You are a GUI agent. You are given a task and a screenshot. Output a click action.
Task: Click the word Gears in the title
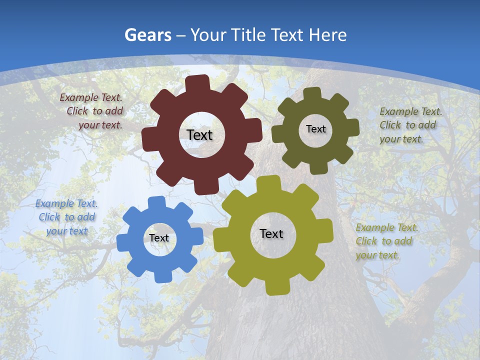coord(148,35)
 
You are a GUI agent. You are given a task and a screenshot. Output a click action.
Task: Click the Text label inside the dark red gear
coord(199,135)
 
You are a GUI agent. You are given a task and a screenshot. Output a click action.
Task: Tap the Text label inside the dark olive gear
coord(315,129)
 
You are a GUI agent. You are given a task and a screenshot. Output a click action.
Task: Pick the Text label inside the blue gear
coord(159,238)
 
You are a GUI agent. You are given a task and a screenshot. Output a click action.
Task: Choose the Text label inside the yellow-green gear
coord(271,233)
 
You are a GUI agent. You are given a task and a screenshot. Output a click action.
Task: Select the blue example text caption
coord(66,217)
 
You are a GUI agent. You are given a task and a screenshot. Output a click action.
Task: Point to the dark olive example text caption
coord(410,125)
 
